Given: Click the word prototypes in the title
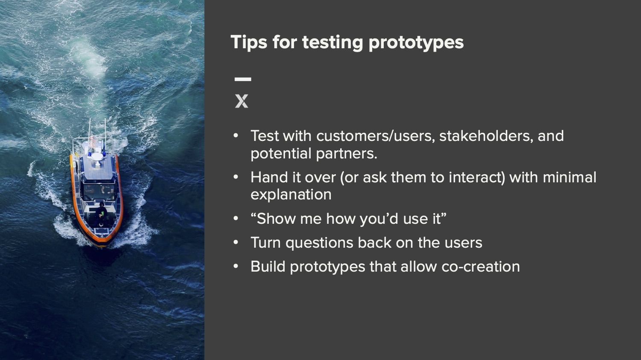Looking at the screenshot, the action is click(x=416, y=43).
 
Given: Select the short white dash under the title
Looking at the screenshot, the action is click(x=243, y=79).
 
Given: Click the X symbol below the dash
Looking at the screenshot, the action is click(x=241, y=101).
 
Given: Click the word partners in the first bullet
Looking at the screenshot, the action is click(x=347, y=154).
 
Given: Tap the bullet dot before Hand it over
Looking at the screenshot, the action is click(x=236, y=177).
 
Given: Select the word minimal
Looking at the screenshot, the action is click(x=570, y=177).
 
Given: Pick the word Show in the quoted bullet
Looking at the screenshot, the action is click(x=276, y=219).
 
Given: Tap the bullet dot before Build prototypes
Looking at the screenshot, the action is click(x=236, y=266).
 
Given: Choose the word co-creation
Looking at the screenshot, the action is click(x=481, y=267).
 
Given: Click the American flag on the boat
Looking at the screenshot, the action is click(x=92, y=141).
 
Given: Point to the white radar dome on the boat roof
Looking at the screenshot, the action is click(x=97, y=157).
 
